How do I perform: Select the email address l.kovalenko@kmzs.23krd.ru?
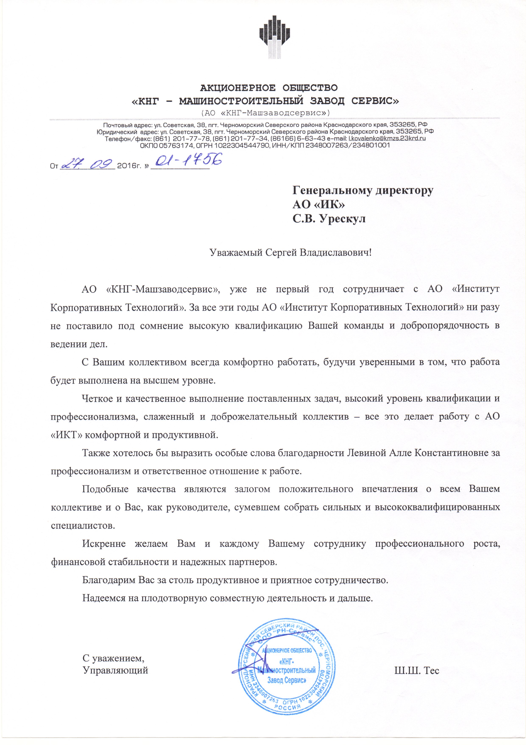click(387, 138)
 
